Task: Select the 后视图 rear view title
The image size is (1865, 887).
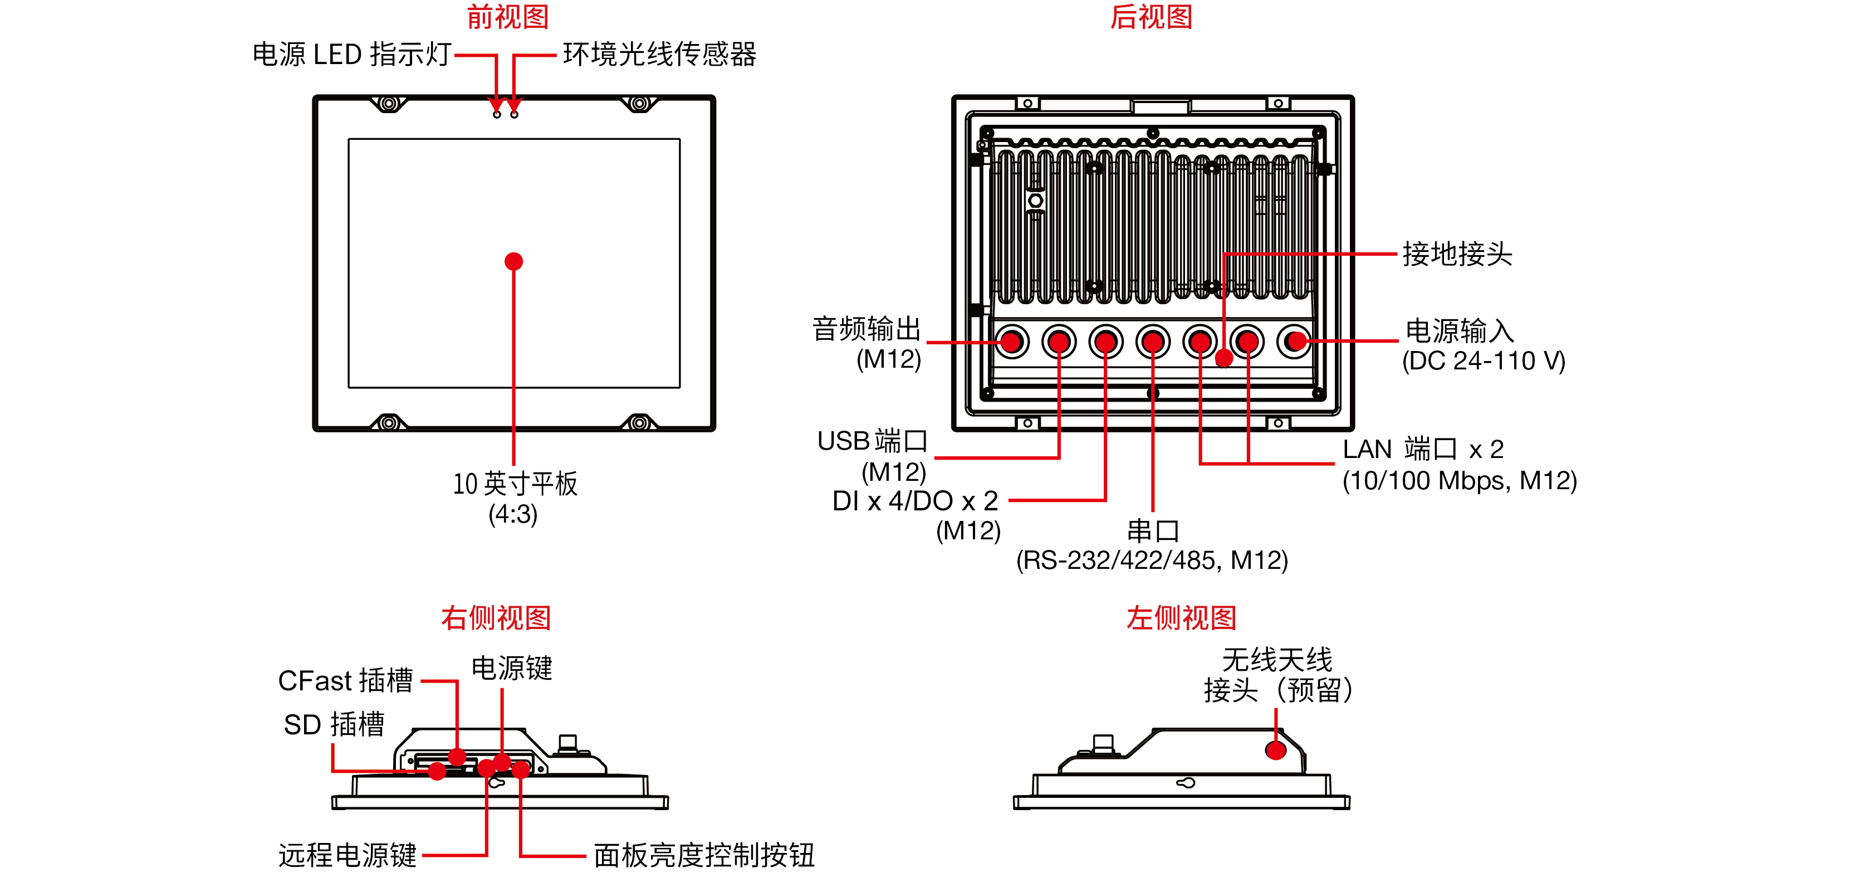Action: pyautogui.click(x=1151, y=17)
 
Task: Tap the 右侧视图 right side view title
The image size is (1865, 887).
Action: pyautogui.click(x=496, y=618)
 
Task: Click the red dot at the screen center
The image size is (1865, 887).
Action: pyautogui.click(x=513, y=261)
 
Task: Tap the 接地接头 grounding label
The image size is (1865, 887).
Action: pyautogui.click(x=1457, y=254)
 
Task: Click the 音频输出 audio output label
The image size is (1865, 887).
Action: pyautogui.click(x=866, y=329)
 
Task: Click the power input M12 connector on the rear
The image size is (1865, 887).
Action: pyautogui.click(x=1295, y=340)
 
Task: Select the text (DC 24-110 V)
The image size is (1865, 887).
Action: pyautogui.click(x=1484, y=360)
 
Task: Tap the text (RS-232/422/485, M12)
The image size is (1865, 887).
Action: pyautogui.click(x=1152, y=561)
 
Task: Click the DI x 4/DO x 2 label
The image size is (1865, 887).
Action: pyautogui.click(x=915, y=501)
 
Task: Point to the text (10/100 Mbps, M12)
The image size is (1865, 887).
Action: pyautogui.click(x=1460, y=481)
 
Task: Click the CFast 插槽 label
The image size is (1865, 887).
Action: pyautogui.click(x=345, y=681)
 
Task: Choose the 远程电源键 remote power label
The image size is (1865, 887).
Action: pyautogui.click(x=347, y=855)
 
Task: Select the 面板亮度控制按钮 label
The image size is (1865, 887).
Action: pyautogui.click(x=704, y=855)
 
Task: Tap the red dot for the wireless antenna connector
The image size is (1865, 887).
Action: pyautogui.click(x=1276, y=750)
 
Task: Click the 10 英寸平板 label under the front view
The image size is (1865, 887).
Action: pyautogui.click(x=515, y=484)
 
